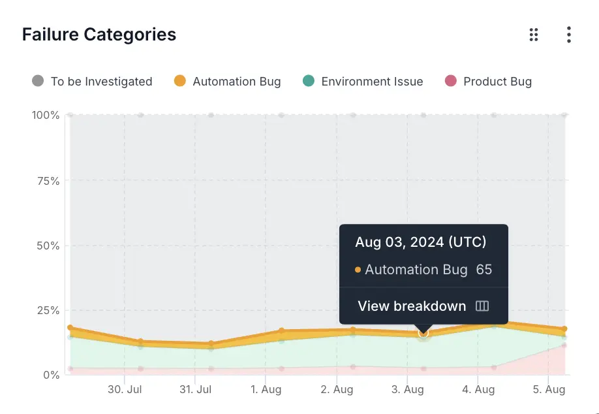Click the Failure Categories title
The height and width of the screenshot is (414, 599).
click(99, 35)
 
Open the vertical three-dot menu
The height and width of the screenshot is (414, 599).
click(569, 35)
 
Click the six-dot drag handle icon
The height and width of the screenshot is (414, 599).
click(534, 35)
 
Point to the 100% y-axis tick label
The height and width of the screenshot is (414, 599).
click(46, 116)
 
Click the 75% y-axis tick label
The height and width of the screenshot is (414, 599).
click(47, 181)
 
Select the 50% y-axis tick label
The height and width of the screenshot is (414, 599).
click(47, 246)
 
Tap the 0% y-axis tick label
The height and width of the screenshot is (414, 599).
click(50, 375)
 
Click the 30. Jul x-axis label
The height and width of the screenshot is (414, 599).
click(125, 390)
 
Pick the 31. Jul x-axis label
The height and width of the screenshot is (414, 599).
click(195, 390)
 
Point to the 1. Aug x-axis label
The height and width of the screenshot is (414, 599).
click(266, 390)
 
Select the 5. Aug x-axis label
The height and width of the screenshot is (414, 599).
click(548, 390)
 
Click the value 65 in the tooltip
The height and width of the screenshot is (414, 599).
click(484, 270)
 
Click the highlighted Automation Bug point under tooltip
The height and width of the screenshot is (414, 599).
click(423, 334)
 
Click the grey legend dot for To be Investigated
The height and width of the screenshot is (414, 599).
click(38, 81)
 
